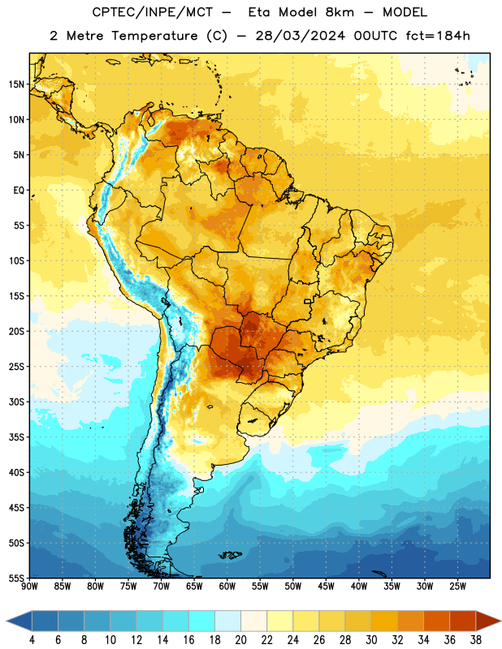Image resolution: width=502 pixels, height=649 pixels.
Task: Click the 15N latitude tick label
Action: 16,84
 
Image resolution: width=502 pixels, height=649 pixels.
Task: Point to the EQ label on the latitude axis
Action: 19,191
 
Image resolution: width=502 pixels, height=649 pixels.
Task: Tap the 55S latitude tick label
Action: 16,578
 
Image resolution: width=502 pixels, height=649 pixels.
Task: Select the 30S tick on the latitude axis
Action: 16,402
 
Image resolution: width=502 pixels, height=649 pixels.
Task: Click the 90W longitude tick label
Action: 29,587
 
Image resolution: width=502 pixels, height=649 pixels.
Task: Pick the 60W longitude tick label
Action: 227,587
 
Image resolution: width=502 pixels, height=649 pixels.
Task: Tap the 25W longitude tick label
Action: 457,587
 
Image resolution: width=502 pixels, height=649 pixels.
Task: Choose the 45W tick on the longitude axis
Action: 326,587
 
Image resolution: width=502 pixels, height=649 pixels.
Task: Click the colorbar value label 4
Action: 32,640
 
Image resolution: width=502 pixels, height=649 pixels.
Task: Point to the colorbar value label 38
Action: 475,640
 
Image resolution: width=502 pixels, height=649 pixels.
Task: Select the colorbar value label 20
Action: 240,640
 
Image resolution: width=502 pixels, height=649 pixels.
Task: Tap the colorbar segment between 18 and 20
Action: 227,621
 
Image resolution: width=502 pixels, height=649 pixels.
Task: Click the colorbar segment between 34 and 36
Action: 436,621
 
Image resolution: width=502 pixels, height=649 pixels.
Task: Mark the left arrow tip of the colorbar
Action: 6,621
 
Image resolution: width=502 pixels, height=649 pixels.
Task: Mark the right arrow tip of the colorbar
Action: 501,621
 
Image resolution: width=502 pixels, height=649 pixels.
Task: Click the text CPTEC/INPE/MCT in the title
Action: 153,12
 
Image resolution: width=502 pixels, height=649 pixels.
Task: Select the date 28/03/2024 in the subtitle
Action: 300,36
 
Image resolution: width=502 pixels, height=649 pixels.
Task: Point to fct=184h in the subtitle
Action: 438,36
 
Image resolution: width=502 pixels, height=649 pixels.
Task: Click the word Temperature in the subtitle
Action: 154,36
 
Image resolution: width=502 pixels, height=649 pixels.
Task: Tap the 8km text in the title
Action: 340,12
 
